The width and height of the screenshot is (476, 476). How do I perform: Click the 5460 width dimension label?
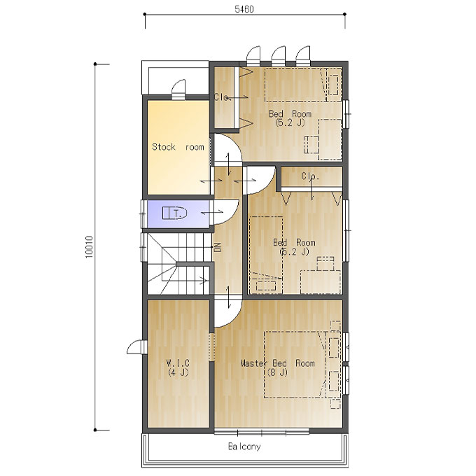[244, 9]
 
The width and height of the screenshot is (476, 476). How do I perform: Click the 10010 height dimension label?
[90, 247]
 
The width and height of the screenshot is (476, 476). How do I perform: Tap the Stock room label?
[178, 147]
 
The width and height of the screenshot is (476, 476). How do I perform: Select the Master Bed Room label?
[277, 363]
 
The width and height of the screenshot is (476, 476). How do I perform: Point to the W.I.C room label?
[178, 363]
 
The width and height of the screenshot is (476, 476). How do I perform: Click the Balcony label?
[244, 447]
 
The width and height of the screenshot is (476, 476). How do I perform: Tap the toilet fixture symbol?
[174, 213]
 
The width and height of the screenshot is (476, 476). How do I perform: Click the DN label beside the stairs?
[218, 247]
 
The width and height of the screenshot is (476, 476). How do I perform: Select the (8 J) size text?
[277, 372]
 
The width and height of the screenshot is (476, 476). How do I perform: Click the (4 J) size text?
[178, 372]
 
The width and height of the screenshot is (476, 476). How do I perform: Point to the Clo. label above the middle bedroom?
[311, 176]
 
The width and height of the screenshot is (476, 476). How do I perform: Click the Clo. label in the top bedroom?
[221, 97]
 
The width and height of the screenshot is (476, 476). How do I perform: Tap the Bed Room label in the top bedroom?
[290, 114]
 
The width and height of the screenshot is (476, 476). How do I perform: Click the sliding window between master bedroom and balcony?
[262, 432]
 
